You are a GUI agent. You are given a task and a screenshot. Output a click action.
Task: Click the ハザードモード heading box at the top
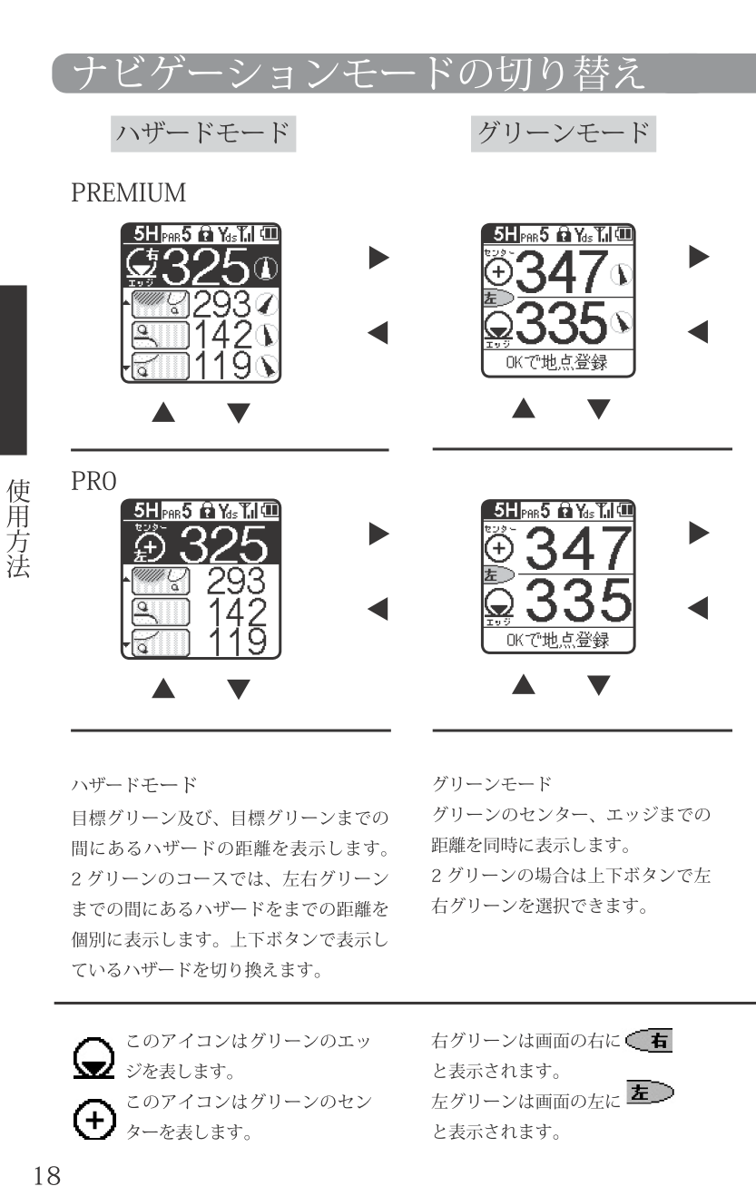(203, 133)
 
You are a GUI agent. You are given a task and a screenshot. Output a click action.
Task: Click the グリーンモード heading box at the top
(564, 133)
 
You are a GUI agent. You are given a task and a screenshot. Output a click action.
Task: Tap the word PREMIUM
(129, 192)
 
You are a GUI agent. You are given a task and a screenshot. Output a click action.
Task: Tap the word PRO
(93, 481)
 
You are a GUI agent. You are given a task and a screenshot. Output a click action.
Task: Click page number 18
(47, 1175)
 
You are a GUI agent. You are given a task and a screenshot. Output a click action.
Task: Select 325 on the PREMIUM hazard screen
(205, 266)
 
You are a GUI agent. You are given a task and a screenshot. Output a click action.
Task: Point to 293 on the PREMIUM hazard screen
(221, 304)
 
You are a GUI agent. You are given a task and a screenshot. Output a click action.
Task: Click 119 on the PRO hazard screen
(238, 642)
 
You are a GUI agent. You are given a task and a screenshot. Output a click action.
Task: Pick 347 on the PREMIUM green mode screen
(561, 271)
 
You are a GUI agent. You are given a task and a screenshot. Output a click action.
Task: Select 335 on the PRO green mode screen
(579, 600)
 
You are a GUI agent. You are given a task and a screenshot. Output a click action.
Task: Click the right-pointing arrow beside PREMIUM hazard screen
(379, 258)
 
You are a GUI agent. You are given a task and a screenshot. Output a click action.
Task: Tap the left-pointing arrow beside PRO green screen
(698, 608)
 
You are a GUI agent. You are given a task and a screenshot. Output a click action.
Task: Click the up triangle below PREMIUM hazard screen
(163, 413)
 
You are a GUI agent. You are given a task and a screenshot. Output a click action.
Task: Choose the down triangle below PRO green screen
(598, 685)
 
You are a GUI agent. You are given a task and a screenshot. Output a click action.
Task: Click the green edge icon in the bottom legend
(94, 1058)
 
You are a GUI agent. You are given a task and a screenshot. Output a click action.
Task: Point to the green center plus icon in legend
(94, 1119)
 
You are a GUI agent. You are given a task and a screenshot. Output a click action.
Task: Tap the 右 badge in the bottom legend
(649, 1040)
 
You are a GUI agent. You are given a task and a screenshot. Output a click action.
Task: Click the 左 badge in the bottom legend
(650, 1092)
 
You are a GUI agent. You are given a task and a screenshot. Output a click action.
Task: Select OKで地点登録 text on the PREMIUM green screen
(557, 363)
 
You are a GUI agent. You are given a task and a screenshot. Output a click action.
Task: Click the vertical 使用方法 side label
(18, 529)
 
